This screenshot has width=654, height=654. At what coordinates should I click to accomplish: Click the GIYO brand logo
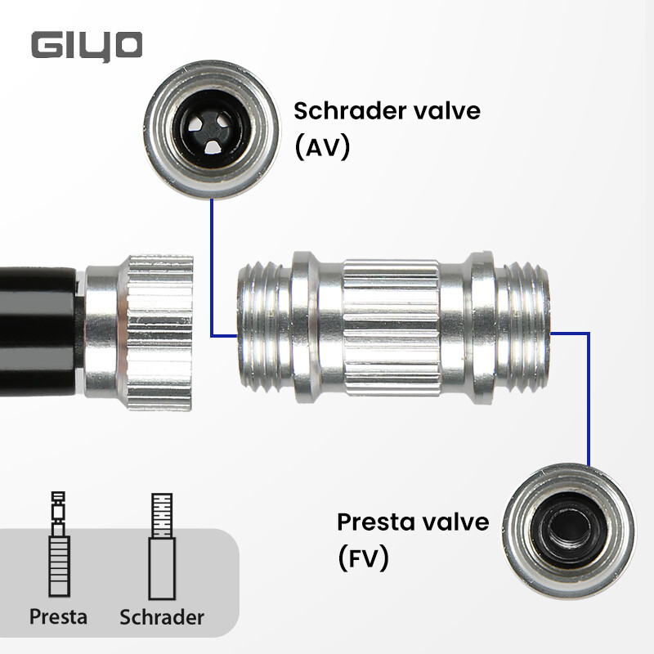pyautogui.click(x=87, y=45)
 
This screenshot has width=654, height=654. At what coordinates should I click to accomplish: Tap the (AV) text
pyautogui.click(x=322, y=148)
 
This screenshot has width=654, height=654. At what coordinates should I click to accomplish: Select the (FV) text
pyautogui.click(x=364, y=558)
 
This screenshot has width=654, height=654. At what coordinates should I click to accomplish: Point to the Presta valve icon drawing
pyautogui.click(x=57, y=544)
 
